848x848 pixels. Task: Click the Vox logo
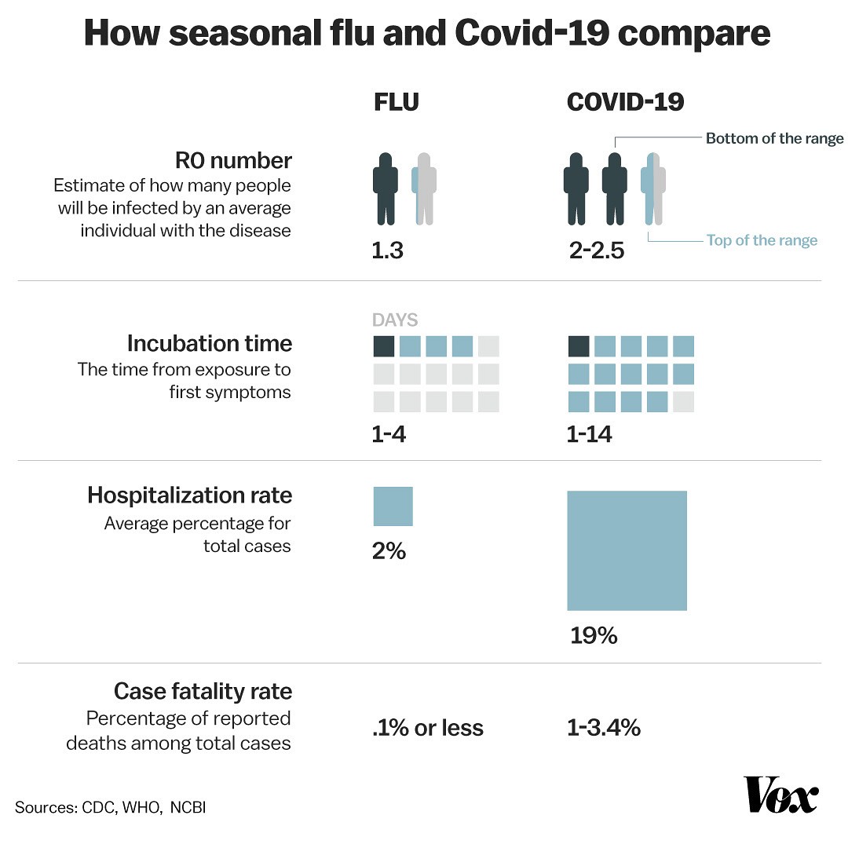(781, 796)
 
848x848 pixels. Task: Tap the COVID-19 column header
(625, 102)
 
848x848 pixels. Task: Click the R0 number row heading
(233, 161)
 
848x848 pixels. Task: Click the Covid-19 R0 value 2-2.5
(596, 252)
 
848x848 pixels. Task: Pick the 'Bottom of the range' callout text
(774, 139)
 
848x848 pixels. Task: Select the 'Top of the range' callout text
(762, 240)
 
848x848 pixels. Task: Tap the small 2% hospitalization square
(393, 506)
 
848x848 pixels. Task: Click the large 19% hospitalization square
(627, 550)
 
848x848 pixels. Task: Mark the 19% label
(594, 635)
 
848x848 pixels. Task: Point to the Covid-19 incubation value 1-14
(589, 433)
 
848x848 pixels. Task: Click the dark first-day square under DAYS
(383, 346)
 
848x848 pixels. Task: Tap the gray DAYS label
(394, 320)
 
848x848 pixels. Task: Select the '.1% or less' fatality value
(428, 728)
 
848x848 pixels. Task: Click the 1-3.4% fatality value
(603, 728)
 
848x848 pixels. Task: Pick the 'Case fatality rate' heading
(203, 691)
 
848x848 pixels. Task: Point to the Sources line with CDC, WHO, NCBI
(110, 807)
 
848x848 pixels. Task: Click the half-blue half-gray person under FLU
(424, 188)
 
